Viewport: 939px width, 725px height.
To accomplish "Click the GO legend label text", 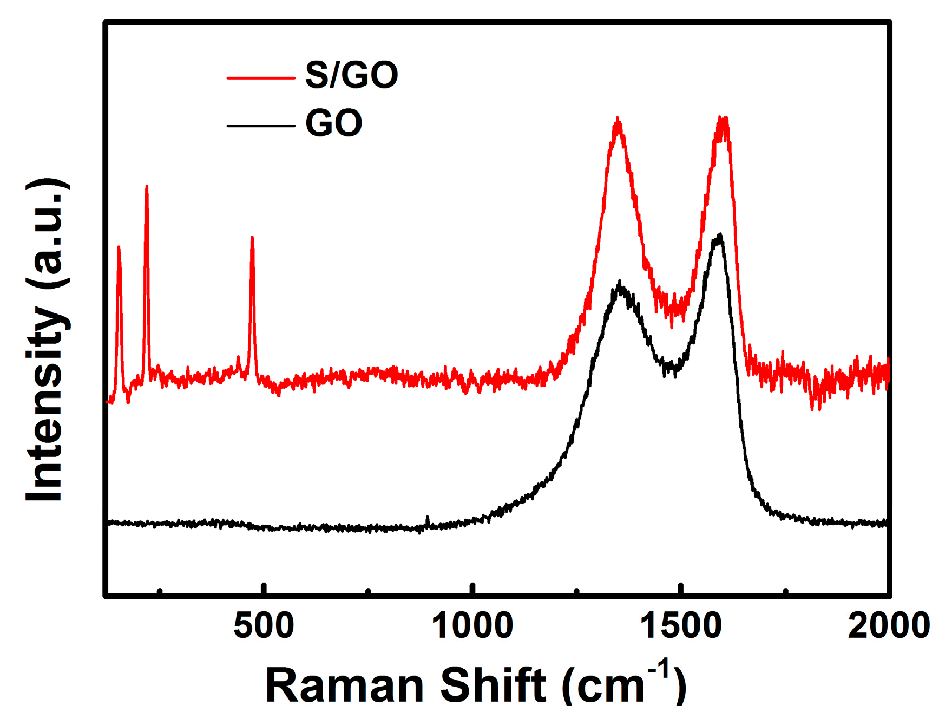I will [333, 123].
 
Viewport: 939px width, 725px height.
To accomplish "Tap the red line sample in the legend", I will [260, 79].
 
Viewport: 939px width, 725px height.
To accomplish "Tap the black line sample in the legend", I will [260, 126].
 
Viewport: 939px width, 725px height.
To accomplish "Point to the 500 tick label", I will [264, 626].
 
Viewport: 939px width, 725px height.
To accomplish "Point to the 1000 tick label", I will [472, 626].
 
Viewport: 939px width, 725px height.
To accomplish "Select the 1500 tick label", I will [680, 626].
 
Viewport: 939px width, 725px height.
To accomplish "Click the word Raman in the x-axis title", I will [344, 685].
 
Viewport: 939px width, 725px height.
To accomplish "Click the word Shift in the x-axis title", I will [493, 685].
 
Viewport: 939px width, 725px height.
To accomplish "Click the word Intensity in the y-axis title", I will [45, 403].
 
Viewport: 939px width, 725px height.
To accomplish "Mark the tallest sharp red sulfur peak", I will [146, 187].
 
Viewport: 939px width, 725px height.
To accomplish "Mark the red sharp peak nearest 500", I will [252, 238].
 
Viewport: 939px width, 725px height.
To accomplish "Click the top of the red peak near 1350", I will [618, 120].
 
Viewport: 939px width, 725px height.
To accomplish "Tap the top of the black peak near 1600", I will [719, 236].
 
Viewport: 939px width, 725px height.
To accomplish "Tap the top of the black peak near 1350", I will [620, 283].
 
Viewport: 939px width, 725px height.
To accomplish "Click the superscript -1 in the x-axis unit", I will [660, 669].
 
